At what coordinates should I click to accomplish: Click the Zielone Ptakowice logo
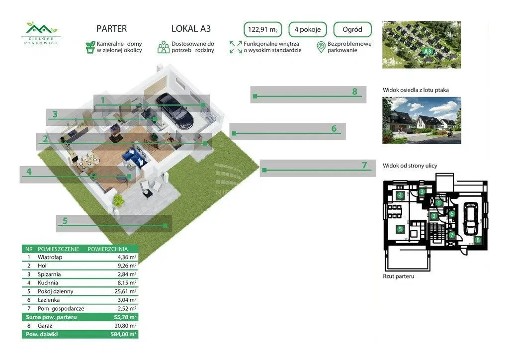(x=42, y=33)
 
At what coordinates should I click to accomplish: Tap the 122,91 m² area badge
(x=263, y=29)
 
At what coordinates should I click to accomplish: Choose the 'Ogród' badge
(x=352, y=29)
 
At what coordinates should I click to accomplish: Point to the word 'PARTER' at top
(x=111, y=29)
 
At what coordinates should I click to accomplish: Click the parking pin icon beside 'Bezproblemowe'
(x=321, y=47)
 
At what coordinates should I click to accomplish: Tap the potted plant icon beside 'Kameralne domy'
(x=90, y=47)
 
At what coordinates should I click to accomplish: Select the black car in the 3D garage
(x=174, y=110)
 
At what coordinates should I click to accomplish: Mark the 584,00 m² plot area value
(x=125, y=334)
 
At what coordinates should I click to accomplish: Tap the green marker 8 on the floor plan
(x=477, y=240)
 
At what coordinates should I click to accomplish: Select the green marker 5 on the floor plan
(x=400, y=229)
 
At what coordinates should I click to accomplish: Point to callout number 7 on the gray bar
(x=364, y=166)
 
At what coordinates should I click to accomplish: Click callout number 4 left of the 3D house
(x=29, y=172)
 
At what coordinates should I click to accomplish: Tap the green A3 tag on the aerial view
(x=426, y=51)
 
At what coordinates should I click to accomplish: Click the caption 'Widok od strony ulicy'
(x=410, y=166)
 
